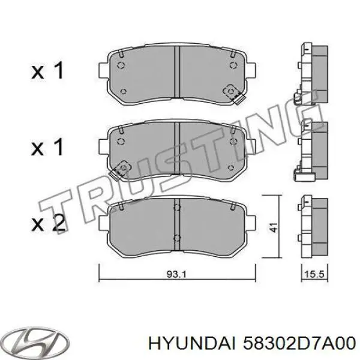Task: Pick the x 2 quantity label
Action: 48,224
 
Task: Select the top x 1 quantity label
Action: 48,72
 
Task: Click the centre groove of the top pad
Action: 177,71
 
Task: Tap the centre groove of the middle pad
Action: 177,147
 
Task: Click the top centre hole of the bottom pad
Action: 176,208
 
